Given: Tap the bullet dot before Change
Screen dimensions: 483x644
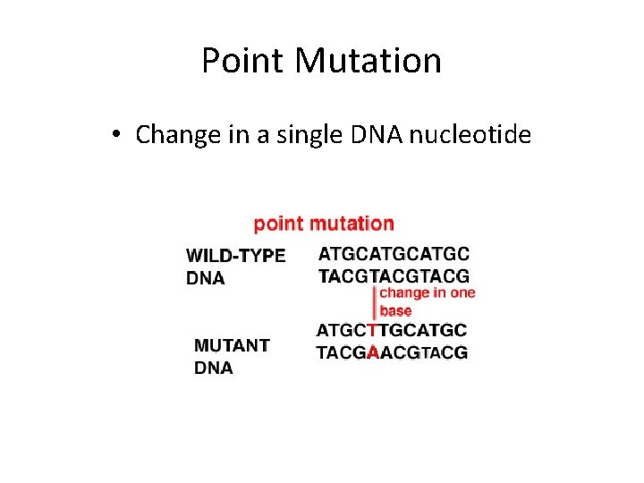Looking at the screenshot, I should click(117, 136).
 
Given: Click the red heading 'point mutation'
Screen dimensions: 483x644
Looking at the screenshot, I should click(324, 224).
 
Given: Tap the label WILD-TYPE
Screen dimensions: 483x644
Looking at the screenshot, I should click(236, 256).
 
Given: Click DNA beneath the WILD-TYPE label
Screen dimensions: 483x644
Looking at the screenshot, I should click(206, 278).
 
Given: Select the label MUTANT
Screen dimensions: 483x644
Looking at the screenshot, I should click(233, 345).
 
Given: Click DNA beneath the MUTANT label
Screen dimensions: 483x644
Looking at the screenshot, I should click(214, 368).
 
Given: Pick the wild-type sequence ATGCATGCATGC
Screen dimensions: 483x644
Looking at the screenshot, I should click(394, 255).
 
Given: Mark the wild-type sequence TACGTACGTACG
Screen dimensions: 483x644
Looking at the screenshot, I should click(394, 276).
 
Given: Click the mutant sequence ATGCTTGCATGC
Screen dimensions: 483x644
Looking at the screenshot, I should click(392, 331).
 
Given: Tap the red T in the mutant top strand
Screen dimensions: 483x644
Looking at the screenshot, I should click(373, 331).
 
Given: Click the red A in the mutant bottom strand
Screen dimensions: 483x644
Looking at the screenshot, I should click(373, 353).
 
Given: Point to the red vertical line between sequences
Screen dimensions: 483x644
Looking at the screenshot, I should click(373, 303).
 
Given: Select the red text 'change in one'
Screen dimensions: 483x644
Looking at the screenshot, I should click(428, 293).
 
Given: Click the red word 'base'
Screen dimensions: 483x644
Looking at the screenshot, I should click(396, 311).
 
